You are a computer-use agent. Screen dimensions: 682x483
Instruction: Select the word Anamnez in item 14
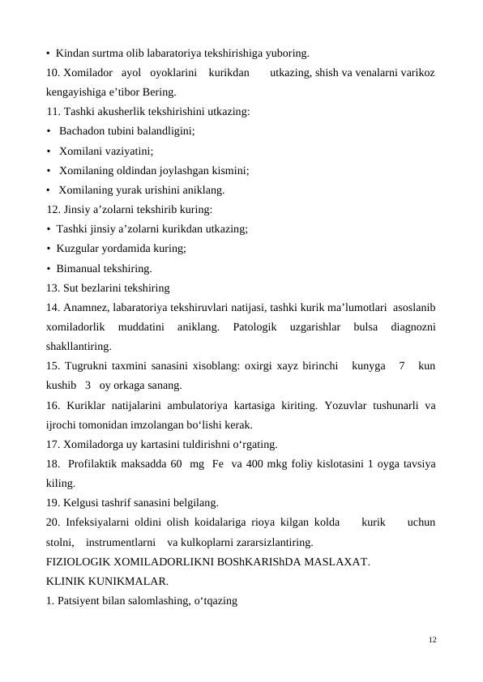pyautogui.click(x=84, y=308)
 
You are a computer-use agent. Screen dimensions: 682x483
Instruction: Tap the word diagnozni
pyautogui.click(x=412, y=327)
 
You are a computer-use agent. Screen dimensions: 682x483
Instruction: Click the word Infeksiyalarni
pyautogui.click(x=100, y=522)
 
